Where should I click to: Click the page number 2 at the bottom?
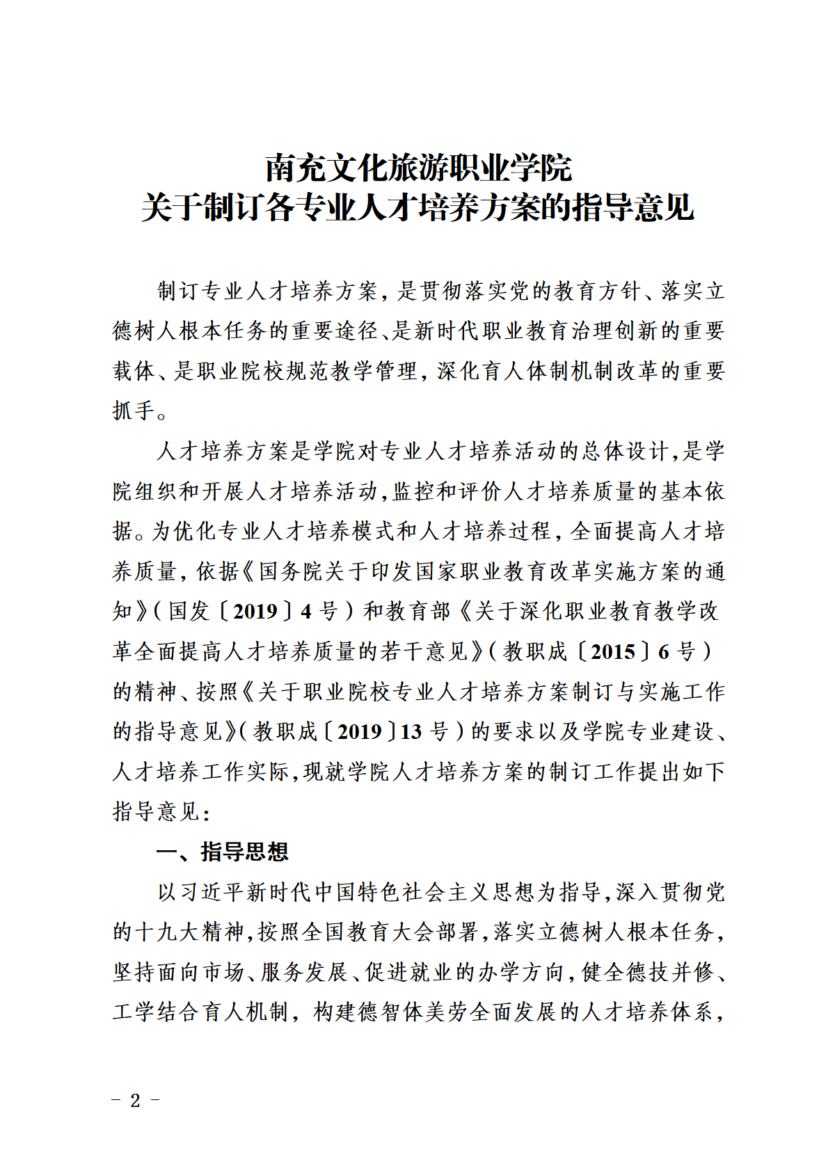(135, 1100)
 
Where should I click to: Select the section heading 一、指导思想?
(222, 852)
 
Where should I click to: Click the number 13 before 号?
(411, 731)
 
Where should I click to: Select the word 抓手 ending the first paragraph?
(134, 411)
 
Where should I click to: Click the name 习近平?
(202, 892)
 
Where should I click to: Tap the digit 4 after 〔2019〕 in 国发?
(306, 612)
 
